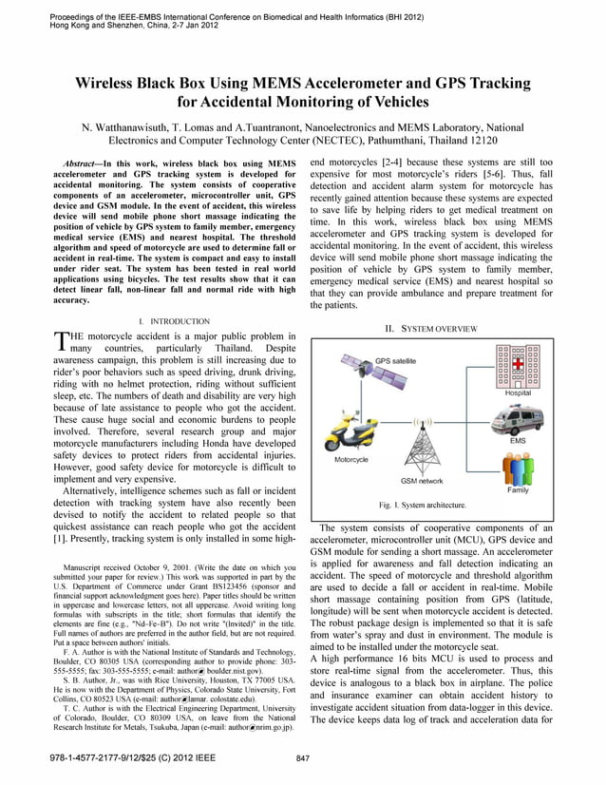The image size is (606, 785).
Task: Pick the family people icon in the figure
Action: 518,467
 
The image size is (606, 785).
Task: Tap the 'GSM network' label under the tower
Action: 422,482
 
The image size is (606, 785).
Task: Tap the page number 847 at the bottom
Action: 303,758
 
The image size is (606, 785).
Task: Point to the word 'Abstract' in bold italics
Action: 83,163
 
